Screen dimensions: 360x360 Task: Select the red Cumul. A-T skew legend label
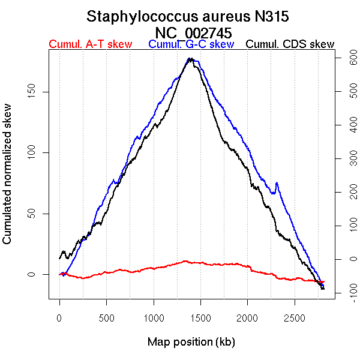point(90,44)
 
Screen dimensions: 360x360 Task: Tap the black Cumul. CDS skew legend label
point(290,44)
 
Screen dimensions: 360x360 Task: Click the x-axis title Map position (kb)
point(191,342)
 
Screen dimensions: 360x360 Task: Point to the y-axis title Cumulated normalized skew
point(8,181)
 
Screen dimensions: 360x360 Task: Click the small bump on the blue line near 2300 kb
point(277,183)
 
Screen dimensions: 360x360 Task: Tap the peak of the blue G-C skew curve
point(190,59)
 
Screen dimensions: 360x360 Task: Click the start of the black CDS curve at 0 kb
point(60,258)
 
